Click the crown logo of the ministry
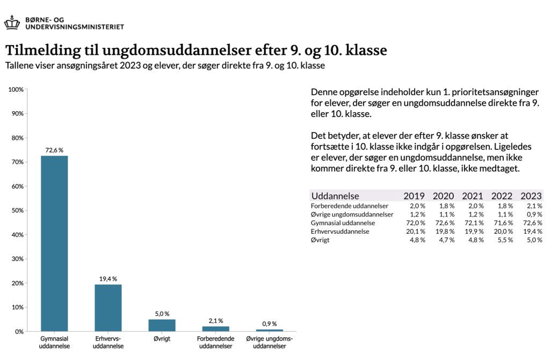(12, 23)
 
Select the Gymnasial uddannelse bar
(54, 243)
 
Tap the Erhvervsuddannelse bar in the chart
(108, 308)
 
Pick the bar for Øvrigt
(162, 325)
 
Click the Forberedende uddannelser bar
(216, 329)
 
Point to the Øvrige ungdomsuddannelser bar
(270, 330)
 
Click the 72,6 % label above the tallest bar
(54, 150)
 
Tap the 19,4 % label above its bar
(108, 279)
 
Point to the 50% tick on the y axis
(18, 211)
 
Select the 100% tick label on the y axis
(16, 90)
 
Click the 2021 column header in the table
(473, 196)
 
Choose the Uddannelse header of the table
(335, 196)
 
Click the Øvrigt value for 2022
(505, 240)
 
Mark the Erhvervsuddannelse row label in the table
(340, 232)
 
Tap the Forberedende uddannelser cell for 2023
(534, 206)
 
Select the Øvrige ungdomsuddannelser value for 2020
(447, 214)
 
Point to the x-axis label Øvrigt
(162, 339)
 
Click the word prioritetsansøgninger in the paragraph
(495, 92)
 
